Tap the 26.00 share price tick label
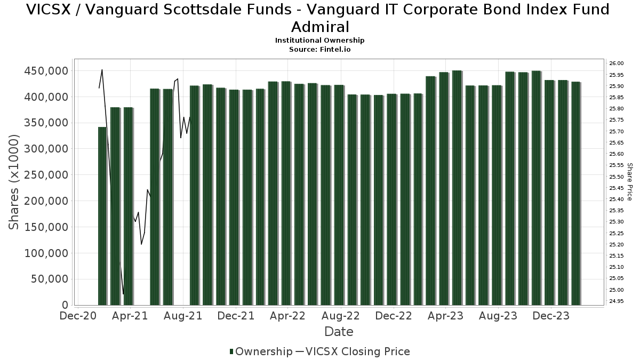click(x=616, y=63)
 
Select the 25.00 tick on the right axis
click(x=616, y=290)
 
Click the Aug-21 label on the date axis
click(x=183, y=316)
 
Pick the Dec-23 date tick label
click(x=551, y=316)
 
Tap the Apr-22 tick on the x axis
click(x=288, y=316)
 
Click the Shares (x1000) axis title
click(x=14, y=182)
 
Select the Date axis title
click(x=339, y=332)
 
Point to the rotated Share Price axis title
click(x=629, y=182)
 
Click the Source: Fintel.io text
click(x=319, y=49)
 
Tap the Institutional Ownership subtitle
click(x=319, y=41)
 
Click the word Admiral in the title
click(x=320, y=27)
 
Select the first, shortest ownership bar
click(x=102, y=216)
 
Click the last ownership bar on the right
click(x=576, y=193)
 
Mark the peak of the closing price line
click(x=102, y=70)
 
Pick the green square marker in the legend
click(x=231, y=351)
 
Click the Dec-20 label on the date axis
click(x=78, y=316)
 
